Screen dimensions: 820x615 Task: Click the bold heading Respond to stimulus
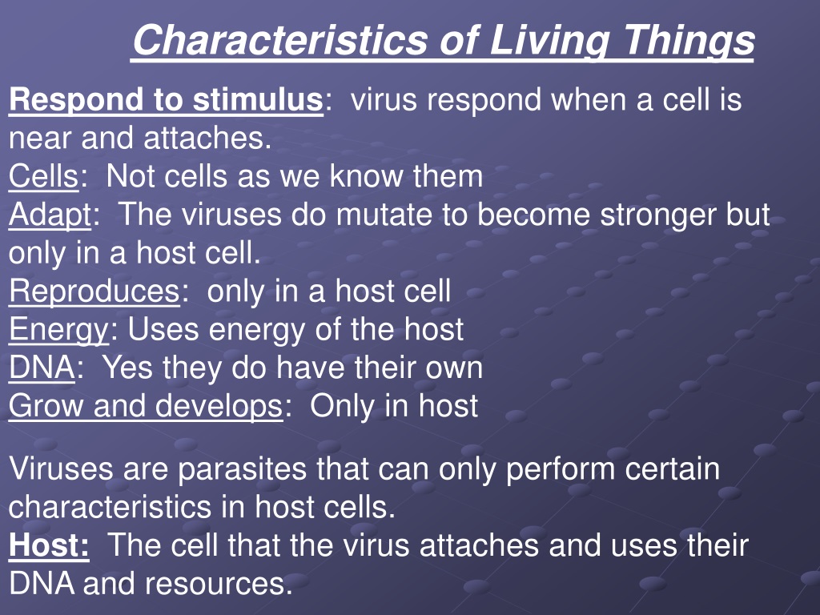166,100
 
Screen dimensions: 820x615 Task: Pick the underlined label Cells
43,176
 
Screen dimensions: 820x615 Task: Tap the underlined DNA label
42,368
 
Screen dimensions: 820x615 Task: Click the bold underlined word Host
49,545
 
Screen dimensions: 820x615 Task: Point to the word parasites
242,469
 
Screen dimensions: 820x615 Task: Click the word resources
213,584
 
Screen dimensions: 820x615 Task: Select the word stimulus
258,99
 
